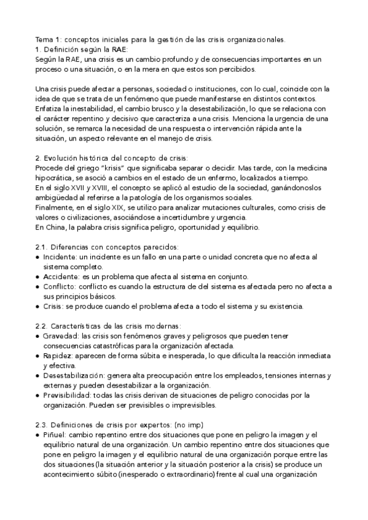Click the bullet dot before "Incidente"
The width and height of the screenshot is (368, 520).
coord(38,256)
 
